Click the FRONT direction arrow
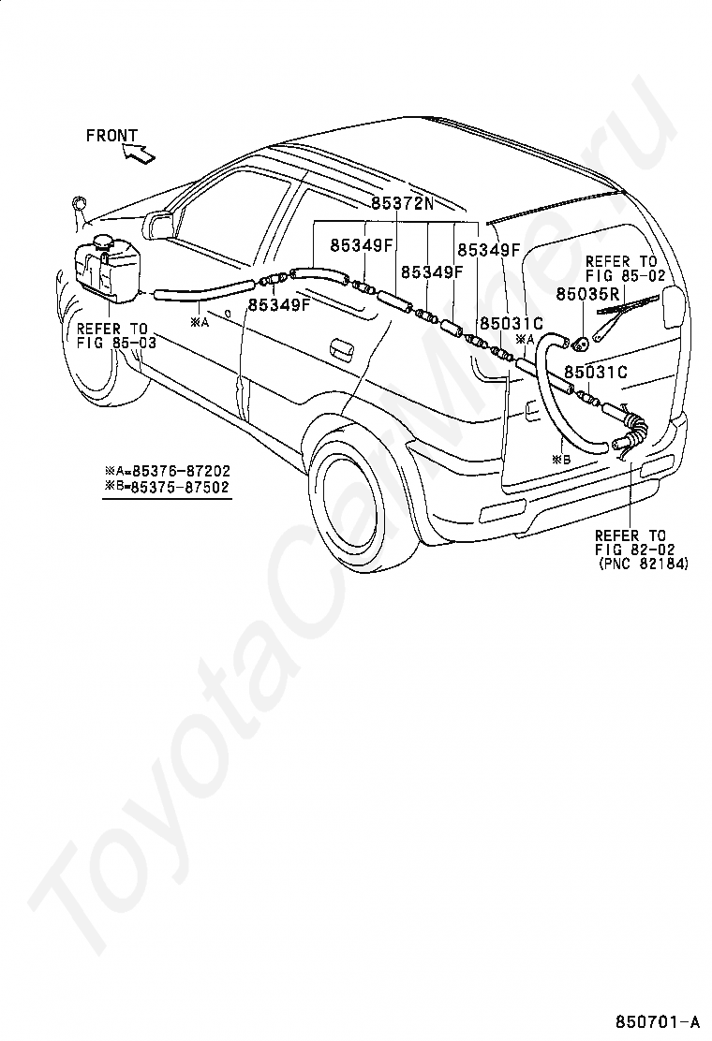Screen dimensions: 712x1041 coord(138,154)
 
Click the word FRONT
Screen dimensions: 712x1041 coord(111,136)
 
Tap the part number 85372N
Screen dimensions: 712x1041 coord(402,203)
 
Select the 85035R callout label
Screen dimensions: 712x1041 coord(587,293)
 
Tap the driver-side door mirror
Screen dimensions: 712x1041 coord(158,223)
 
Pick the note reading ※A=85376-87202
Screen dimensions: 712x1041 coord(167,471)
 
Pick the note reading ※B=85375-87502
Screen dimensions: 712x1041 coord(167,487)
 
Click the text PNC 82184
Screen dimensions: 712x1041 coord(643,564)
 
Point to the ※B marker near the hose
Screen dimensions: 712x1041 coord(561,458)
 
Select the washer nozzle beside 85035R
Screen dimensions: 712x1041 coord(581,344)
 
